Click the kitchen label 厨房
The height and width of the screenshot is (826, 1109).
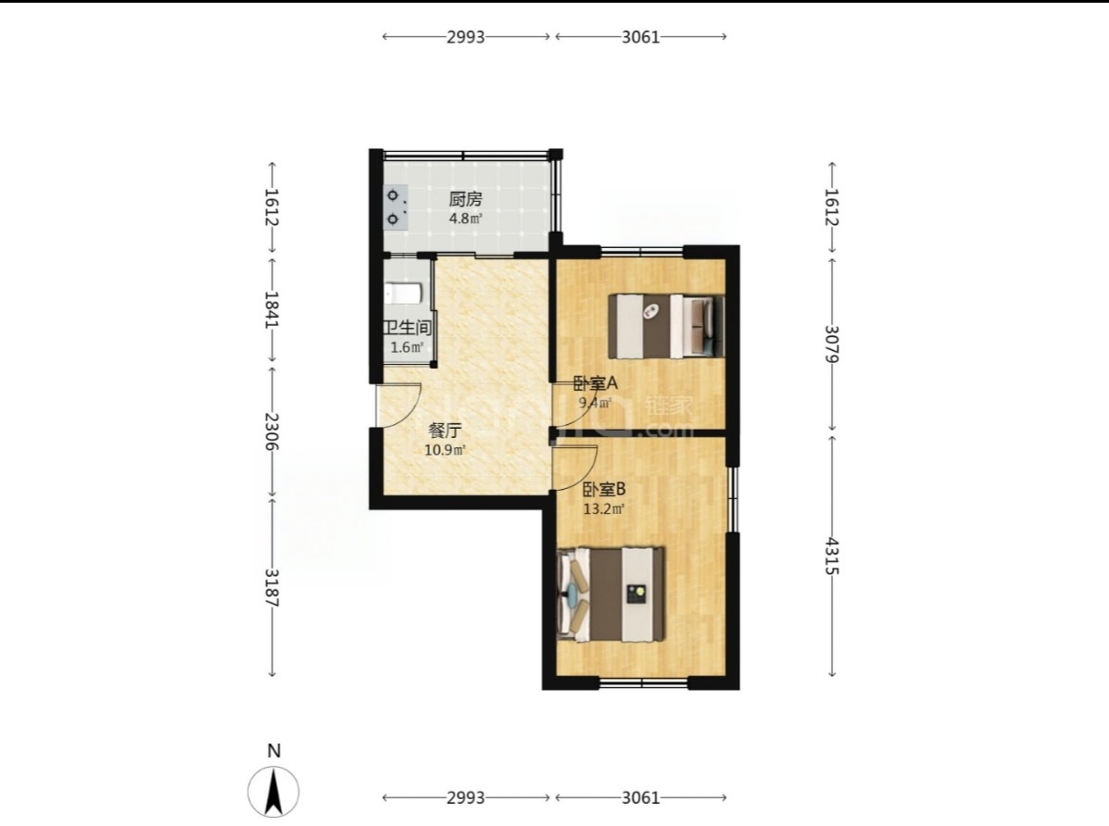tap(465, 200)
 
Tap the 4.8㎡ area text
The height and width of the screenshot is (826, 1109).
tap(465, 219)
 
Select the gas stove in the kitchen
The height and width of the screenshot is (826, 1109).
tap(396, 206)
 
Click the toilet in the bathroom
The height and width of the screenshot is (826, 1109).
tap(403, 292)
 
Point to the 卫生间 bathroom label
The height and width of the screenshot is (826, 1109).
tap(407, 328)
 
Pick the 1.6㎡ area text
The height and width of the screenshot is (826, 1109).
tap(407, 347)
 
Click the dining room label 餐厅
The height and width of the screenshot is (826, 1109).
tap(446, 431)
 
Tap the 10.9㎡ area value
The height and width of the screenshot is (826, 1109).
tap(445, 450)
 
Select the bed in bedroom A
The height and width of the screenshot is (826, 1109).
tap(666, 326)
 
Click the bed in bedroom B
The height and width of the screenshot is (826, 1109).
tap(611, 594)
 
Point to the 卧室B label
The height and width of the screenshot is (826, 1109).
tap(604, 489)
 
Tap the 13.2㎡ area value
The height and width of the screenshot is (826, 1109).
tap(604, 508)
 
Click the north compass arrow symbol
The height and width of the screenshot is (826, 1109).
tap(273, 792)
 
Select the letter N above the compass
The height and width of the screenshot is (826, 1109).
tap(273, 751)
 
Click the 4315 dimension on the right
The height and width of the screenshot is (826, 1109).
tap(832, 556)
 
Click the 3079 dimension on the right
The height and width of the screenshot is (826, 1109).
tap(832, 344)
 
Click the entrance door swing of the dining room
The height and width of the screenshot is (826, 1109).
tap(400, 406)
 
